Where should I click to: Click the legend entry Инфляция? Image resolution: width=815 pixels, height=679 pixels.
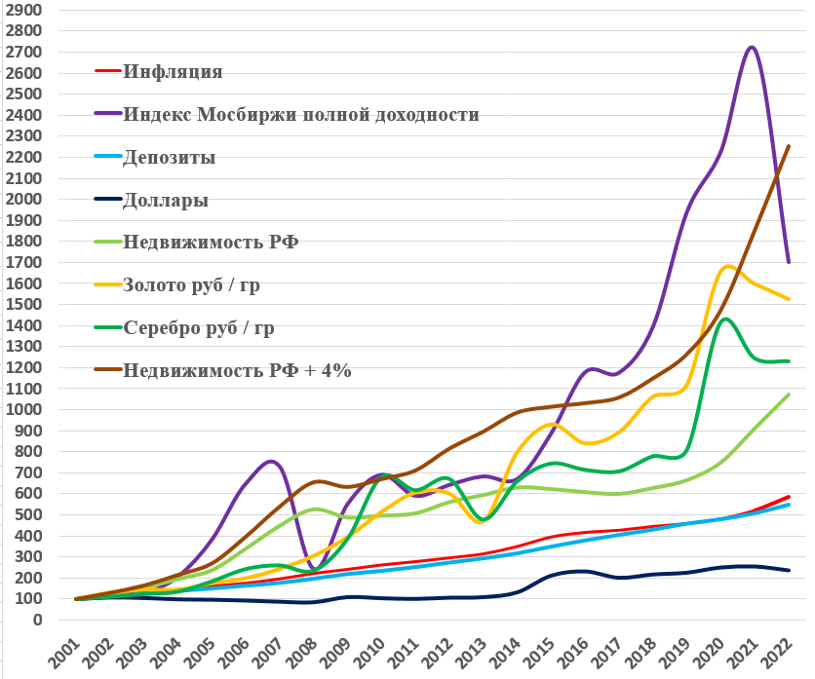(174, 71)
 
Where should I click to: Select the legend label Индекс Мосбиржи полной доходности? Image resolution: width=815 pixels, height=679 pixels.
(301, 114)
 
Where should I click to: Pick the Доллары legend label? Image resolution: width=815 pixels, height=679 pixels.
(166, 200)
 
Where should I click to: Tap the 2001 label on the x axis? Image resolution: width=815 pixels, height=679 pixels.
(64, 652)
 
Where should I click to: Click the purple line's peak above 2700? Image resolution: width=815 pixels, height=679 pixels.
(751, 47)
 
